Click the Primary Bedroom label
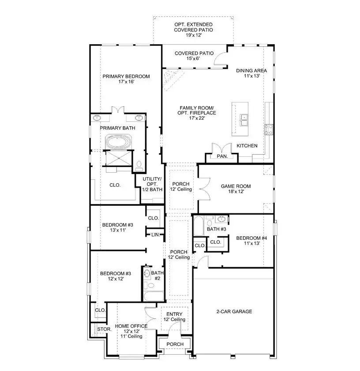[x=126, y=76]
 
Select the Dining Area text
[x=251, y=71]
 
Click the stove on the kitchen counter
[x=269, y=129]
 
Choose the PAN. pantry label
[x=221, y=156]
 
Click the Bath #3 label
[x=217, y=229]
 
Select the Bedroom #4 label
[x=251, y=238]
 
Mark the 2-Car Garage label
[x=234, y=311]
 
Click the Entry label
[x=174, y=314]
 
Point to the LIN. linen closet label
[x=155, y=235]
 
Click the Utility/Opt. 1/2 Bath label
[x=152, y=184]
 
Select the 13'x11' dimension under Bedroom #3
[x=117, y=230]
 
